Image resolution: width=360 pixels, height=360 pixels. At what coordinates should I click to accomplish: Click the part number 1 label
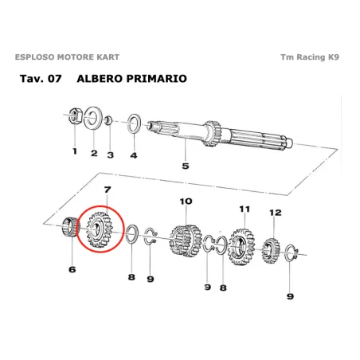[74, 151]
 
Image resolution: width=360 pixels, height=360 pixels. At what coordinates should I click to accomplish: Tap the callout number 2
[93, 153]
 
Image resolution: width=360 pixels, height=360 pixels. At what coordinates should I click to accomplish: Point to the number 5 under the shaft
[185, 166]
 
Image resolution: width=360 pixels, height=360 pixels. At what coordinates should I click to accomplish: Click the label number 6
[72, 269]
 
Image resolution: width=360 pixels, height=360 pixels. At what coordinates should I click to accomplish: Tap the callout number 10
[186, 201]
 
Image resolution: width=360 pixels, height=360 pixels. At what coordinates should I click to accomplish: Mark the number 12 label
[276, 213]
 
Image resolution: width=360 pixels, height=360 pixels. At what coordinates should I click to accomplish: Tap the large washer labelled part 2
[92, 119]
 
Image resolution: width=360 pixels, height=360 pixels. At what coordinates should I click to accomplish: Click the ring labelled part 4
[133, 123]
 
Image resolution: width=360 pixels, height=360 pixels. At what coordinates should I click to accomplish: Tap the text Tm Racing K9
[314, 58]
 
